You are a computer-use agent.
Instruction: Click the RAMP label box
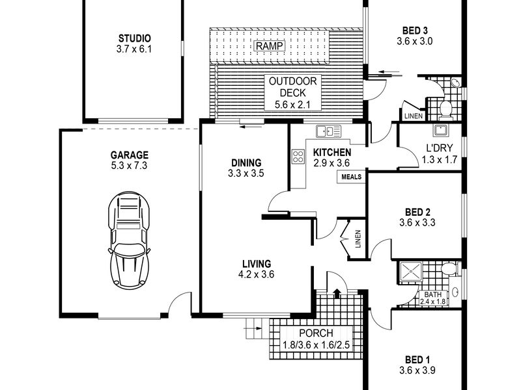(270, 45)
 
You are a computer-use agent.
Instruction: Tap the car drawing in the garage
(129, 239)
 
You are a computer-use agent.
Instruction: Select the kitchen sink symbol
(329, 131)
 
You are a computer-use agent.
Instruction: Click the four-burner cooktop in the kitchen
(298, 157)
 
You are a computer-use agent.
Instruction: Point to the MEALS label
(351, 177)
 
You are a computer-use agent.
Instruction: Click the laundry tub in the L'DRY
(441, 130)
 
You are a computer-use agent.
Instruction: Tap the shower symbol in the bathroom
(411, 272)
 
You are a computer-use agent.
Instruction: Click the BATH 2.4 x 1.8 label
(433, 298)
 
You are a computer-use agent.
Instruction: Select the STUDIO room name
(135, 38)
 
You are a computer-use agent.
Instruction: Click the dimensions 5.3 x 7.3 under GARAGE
(129, 166)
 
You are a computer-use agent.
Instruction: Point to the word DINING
(246, 163)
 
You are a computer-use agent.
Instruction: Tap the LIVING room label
(257, 264)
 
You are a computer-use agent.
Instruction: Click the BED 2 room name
(417, 212)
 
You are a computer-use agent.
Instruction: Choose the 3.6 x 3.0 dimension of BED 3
(415, 42)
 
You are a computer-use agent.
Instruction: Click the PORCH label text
(316, 333)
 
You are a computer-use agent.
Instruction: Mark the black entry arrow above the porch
(337, 293)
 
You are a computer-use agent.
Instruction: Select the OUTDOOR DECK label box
(292, 93)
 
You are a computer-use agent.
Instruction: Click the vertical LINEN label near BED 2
(358, 239)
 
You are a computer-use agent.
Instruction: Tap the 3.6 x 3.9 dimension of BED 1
(417, 370)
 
